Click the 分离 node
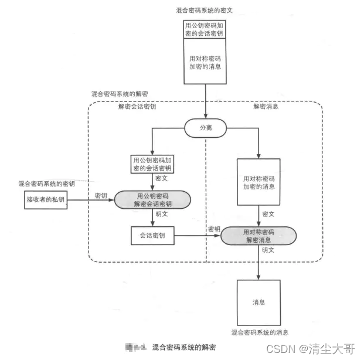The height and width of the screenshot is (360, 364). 206,127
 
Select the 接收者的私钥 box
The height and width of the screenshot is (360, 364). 45,201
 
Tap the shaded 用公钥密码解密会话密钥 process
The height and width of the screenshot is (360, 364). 152,201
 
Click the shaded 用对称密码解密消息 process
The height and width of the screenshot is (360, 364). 258,236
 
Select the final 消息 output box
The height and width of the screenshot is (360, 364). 258,302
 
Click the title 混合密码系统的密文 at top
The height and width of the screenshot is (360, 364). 205,11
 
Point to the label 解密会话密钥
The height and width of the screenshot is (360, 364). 137,107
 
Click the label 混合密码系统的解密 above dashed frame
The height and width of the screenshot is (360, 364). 119,94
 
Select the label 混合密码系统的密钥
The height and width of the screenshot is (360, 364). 47,184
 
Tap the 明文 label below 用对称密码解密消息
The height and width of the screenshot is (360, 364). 268,250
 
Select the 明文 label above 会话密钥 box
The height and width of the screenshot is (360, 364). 162,215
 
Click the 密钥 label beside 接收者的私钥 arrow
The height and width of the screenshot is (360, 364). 100,195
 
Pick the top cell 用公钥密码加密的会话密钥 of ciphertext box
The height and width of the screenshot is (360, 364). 205,30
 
